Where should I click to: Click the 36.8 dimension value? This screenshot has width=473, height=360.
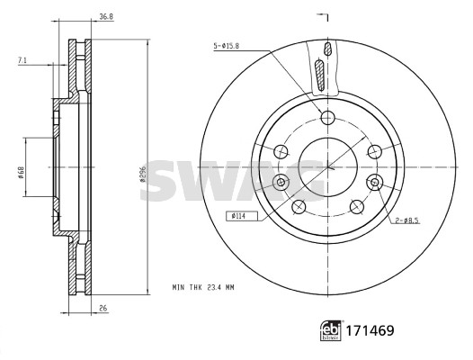[106, 16]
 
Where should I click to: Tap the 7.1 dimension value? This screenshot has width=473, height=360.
[22, 60]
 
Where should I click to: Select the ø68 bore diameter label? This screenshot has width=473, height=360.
[21, 173]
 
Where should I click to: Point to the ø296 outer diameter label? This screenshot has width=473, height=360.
[143, 174]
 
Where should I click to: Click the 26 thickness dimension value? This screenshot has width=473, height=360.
[103, 309]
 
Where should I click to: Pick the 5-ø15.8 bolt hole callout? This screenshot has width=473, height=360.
[227, 46]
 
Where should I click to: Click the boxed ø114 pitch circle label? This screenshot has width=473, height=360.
[242, 216]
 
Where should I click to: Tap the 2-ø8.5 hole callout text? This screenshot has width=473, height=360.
[407, 220]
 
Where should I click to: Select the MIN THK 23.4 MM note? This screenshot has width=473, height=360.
[203, 287]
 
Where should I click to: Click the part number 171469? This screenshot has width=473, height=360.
[370, 330]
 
